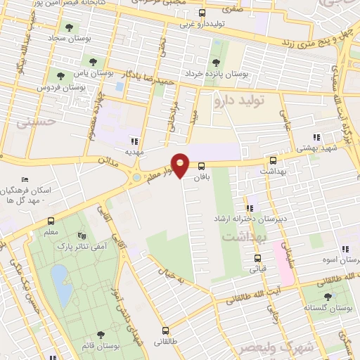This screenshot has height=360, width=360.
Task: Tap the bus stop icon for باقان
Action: [x=202, y=167]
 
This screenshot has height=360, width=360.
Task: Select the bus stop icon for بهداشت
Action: [x=272, y=160]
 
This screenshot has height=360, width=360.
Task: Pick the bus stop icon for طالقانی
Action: [x=166, y=330]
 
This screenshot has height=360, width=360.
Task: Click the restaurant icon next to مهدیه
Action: [x=144, y=141]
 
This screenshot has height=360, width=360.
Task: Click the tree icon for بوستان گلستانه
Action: [x=326, y=298]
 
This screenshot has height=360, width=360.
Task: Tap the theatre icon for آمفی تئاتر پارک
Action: [x=82, y=236]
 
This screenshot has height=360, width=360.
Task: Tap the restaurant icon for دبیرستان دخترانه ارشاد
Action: [x=249, y=208]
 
